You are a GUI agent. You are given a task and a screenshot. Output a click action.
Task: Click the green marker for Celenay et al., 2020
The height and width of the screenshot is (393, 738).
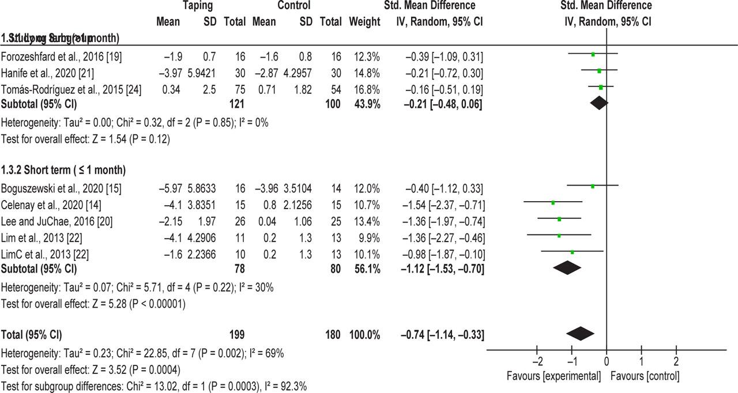[x=553, y=202]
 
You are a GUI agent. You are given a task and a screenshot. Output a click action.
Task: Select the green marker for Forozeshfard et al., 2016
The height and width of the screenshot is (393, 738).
[x=593, y=54]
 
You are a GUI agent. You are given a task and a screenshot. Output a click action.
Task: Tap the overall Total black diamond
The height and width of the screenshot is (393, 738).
[x=581, y=334]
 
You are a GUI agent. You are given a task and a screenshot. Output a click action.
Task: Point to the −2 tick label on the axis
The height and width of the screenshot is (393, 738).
[x=536, y=362]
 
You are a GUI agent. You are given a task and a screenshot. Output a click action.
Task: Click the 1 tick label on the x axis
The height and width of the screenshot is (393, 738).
[x=641, y=362]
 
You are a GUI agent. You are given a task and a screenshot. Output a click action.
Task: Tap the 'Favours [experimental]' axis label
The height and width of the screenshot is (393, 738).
[x=553, y=376]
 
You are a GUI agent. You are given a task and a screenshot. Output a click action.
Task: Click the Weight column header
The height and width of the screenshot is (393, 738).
[x=364, y=22]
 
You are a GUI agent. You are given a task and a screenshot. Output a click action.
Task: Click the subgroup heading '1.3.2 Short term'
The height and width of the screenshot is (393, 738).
[x=63, y=170]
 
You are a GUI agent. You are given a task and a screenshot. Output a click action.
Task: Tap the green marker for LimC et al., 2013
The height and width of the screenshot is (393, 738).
[x=572, y=252]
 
